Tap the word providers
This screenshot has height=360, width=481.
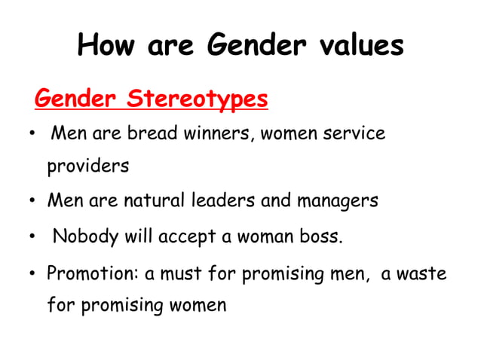87,166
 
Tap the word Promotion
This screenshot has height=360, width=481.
93,274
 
